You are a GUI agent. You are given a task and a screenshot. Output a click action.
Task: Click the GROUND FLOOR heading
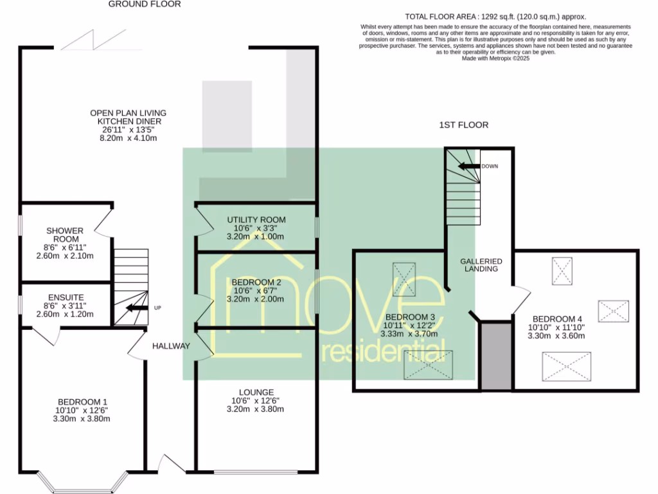(144, 4)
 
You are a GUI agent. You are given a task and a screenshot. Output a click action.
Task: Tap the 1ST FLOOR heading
(463, 125)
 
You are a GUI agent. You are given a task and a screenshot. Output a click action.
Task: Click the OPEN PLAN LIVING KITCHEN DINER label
(129, 117)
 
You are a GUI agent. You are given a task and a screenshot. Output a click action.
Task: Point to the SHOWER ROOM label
(64, 235)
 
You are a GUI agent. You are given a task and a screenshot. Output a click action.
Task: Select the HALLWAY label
(171, 346)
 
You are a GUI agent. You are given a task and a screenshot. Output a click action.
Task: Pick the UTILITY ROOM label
(256, 220)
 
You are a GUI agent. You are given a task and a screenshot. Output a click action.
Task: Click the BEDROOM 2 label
(256, 282)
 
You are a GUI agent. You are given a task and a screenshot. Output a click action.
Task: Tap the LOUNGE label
(256, 392)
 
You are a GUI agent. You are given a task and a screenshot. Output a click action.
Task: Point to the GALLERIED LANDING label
(481, 265)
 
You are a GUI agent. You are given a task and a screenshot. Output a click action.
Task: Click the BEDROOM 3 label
(411, 317)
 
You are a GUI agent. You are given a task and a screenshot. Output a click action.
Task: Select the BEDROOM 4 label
(557, 319)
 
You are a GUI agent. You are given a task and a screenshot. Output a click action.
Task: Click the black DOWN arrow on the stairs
(468, 166)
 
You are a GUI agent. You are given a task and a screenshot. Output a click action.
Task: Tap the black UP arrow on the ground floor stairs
(136, 307)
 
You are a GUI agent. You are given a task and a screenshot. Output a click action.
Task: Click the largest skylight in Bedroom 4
(566, 365)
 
